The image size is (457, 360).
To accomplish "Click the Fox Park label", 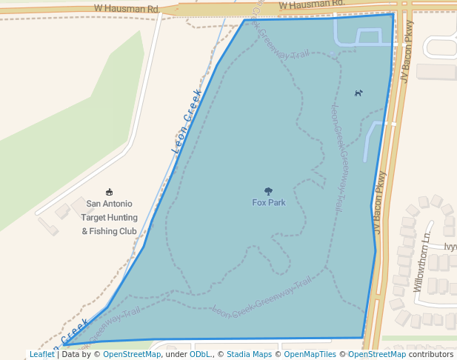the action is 268,202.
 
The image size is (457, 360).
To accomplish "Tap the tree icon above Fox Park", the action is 268,192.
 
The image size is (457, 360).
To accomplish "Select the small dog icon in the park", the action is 358,93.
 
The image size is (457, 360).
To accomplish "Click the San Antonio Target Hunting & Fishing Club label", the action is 110,217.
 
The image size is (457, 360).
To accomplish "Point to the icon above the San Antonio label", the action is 110,192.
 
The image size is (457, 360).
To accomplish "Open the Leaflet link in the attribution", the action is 41,354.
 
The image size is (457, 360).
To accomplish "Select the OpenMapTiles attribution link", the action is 310,354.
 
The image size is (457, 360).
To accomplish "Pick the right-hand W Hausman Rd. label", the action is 311,5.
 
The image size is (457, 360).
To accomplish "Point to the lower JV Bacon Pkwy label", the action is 381,203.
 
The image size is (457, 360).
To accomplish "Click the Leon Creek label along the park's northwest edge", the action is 187,121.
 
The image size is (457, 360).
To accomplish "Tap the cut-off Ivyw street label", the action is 450,247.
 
